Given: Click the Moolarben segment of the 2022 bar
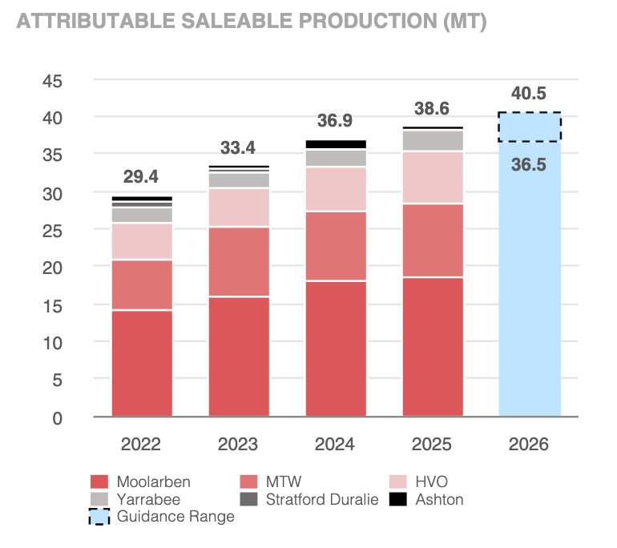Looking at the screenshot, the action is (x=142, y=364).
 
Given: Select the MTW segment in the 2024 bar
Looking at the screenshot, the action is (x=336, y=246).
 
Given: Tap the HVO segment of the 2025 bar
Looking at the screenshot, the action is (x=433, y=177).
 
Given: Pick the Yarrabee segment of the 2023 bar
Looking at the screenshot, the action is (x=239, y=180).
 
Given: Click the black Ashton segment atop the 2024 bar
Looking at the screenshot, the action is (x=336, y=144).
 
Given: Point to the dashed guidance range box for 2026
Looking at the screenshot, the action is (x=530, y=127).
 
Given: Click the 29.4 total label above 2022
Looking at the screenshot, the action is (x=141, y=176).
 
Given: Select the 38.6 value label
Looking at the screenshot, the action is (x=432, y=109).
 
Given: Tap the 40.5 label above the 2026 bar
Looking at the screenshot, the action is (x=529, y=94).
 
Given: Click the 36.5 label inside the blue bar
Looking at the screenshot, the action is (x=529, y=165).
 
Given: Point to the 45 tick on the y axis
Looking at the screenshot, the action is (x=52, y=82).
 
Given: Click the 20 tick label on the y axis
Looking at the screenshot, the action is (x=52, y=268).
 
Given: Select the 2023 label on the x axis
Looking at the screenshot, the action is (x=238, y=445).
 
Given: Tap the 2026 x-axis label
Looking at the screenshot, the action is (x=529, y=445).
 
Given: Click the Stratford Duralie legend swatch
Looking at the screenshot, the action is (x=248, y=499).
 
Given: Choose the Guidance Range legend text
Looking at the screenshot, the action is (x=175, y=517).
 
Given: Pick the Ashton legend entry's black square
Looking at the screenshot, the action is (x=397, y=499).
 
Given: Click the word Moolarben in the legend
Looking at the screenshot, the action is (x=154, y=482).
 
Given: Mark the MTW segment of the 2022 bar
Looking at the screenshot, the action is (x=142, y=285).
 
